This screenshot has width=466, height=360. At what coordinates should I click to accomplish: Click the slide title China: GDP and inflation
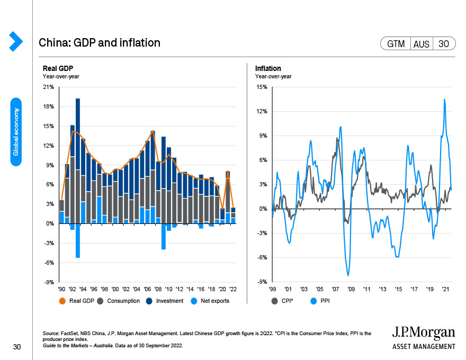tap(100, 42)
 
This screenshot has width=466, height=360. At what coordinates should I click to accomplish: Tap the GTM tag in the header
tap(396, 44)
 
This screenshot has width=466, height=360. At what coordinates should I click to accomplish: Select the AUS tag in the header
tap(422, 44)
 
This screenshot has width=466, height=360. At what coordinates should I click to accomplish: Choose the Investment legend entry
tap(164, 301)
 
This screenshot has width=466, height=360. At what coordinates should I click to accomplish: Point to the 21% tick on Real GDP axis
tap(48, 87)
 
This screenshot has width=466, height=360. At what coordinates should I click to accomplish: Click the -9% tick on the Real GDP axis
tap(48, 282)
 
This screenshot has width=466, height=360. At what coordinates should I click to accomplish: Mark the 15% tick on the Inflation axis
tap(262, 87)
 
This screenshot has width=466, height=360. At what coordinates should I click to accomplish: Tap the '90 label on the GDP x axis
tap(62, 290)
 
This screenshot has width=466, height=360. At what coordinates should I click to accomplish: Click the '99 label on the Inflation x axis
tap(272, 290)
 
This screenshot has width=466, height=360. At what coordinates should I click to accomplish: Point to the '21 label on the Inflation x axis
tap(445, 290)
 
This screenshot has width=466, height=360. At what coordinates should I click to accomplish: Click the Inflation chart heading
tap(268, 68)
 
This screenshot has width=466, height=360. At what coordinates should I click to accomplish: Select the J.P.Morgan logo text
tap(423, 332)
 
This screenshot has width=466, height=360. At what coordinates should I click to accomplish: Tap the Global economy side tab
tap(16, 132)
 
